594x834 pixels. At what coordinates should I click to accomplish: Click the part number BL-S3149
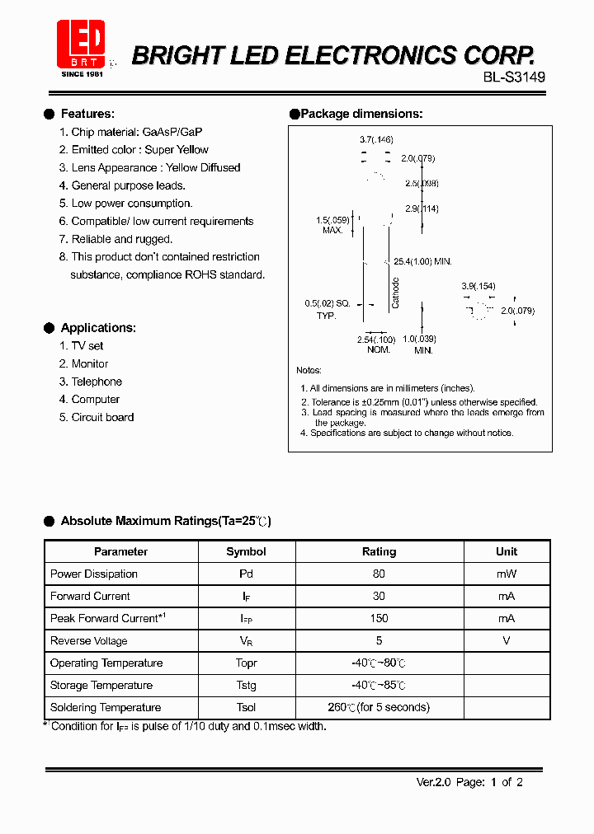514,77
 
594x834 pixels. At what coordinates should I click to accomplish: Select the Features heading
87,114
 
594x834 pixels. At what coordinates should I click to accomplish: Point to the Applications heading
98,328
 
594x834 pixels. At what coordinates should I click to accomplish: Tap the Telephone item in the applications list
97,382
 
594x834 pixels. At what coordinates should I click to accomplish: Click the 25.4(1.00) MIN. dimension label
422,261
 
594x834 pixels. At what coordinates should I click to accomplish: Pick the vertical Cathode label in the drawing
396,293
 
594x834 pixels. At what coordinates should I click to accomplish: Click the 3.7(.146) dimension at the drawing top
376,141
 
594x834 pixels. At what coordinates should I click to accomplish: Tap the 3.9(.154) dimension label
478,286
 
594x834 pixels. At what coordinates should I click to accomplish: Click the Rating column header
379,551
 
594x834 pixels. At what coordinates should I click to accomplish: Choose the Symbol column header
246,551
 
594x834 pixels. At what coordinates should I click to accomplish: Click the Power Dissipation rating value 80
379,574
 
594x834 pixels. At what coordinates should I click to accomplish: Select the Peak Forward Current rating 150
379,618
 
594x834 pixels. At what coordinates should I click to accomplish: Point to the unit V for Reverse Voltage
507,640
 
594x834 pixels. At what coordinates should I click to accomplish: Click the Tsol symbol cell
246,707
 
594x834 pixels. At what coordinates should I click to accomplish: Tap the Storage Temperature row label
101,685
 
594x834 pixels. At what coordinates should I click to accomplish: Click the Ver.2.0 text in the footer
433,782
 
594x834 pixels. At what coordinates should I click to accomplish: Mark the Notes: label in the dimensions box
309,371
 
